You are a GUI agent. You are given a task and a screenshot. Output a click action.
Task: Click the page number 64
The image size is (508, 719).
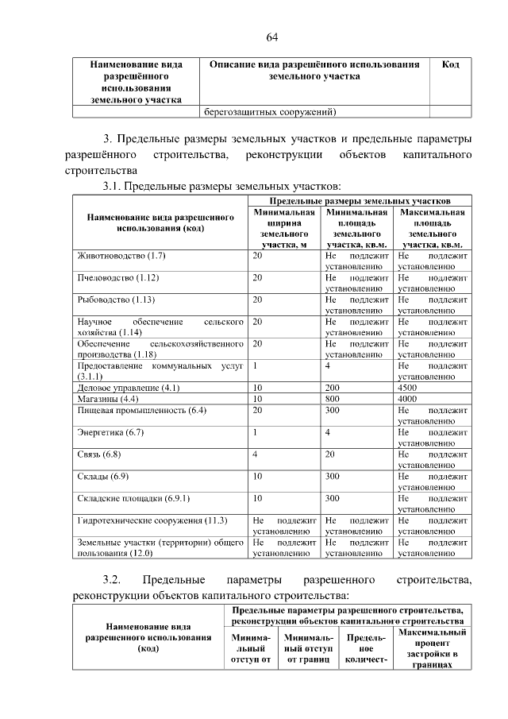[271, 37]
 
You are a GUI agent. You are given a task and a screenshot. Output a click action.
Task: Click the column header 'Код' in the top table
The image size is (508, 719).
[450, 64]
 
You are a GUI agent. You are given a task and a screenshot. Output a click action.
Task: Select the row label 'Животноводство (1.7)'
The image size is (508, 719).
[121, 257]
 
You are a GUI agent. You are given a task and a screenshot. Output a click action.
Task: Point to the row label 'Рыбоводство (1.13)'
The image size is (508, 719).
[115, 300]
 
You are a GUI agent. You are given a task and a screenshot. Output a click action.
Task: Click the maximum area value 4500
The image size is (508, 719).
[408, 387]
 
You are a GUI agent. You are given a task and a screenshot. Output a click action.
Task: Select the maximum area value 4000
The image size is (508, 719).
[408, 398]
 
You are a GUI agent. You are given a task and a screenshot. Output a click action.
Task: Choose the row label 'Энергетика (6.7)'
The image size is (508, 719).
[110, 431]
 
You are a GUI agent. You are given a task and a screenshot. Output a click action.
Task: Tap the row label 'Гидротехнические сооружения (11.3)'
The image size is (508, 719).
[152, 520]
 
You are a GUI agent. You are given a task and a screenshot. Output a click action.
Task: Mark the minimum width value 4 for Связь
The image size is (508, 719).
[255, 454]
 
